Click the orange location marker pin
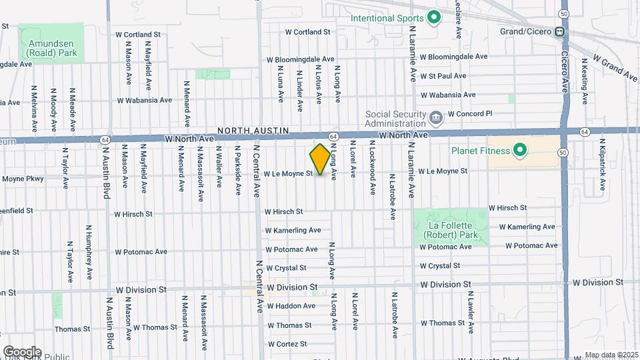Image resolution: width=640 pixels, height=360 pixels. (320, 159)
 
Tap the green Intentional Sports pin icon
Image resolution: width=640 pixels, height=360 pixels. (434, 18)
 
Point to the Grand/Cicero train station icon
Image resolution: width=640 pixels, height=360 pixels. (561, 31)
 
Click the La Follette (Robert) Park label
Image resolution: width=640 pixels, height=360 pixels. (451, 230)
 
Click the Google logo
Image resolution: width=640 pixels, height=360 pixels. (22, 351)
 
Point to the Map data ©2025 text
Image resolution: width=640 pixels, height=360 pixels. (609, 355)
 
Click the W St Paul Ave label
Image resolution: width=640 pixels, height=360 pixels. (447, 75)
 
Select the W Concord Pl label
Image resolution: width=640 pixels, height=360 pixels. (470, 113)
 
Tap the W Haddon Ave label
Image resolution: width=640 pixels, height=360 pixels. (291, 306)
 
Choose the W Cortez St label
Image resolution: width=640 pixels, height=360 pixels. (287, 344)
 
